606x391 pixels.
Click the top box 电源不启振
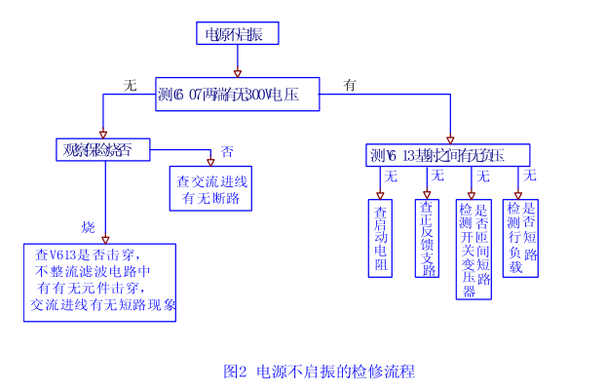click(237, 34)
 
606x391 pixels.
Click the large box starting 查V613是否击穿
click(99, 282)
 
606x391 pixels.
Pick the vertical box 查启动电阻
click(381, 239)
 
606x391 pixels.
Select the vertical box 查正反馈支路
click(427, 239)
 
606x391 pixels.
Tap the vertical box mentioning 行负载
click(522, 237)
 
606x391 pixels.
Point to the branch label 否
click(227, 152)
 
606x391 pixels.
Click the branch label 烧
click(89, 227)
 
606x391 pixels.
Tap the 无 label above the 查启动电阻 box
click(391, 176)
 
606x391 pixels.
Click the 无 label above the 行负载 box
click(530, 176)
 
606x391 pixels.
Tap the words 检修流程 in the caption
click(387, 371)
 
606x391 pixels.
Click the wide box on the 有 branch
click(448, 155)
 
